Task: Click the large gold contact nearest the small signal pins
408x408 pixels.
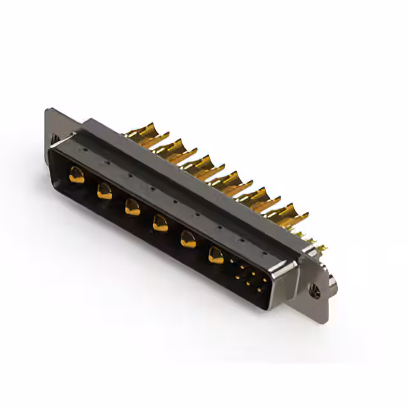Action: pos(216,255)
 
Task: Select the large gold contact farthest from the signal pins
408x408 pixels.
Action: pos(76,174)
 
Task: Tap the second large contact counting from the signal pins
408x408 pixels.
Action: pos(188,238)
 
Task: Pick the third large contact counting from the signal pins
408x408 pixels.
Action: pos(160,222)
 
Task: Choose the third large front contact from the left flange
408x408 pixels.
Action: pos(133,206)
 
